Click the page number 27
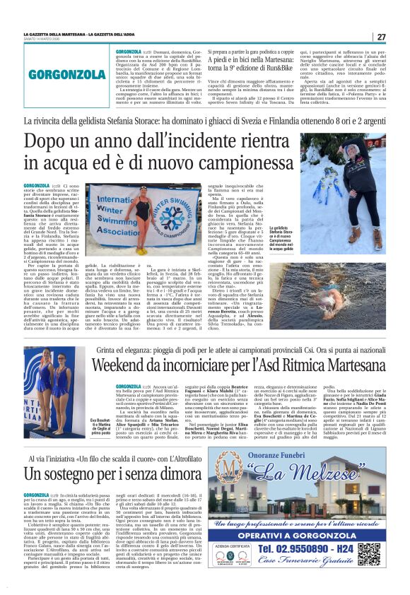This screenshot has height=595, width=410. (381, 37)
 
